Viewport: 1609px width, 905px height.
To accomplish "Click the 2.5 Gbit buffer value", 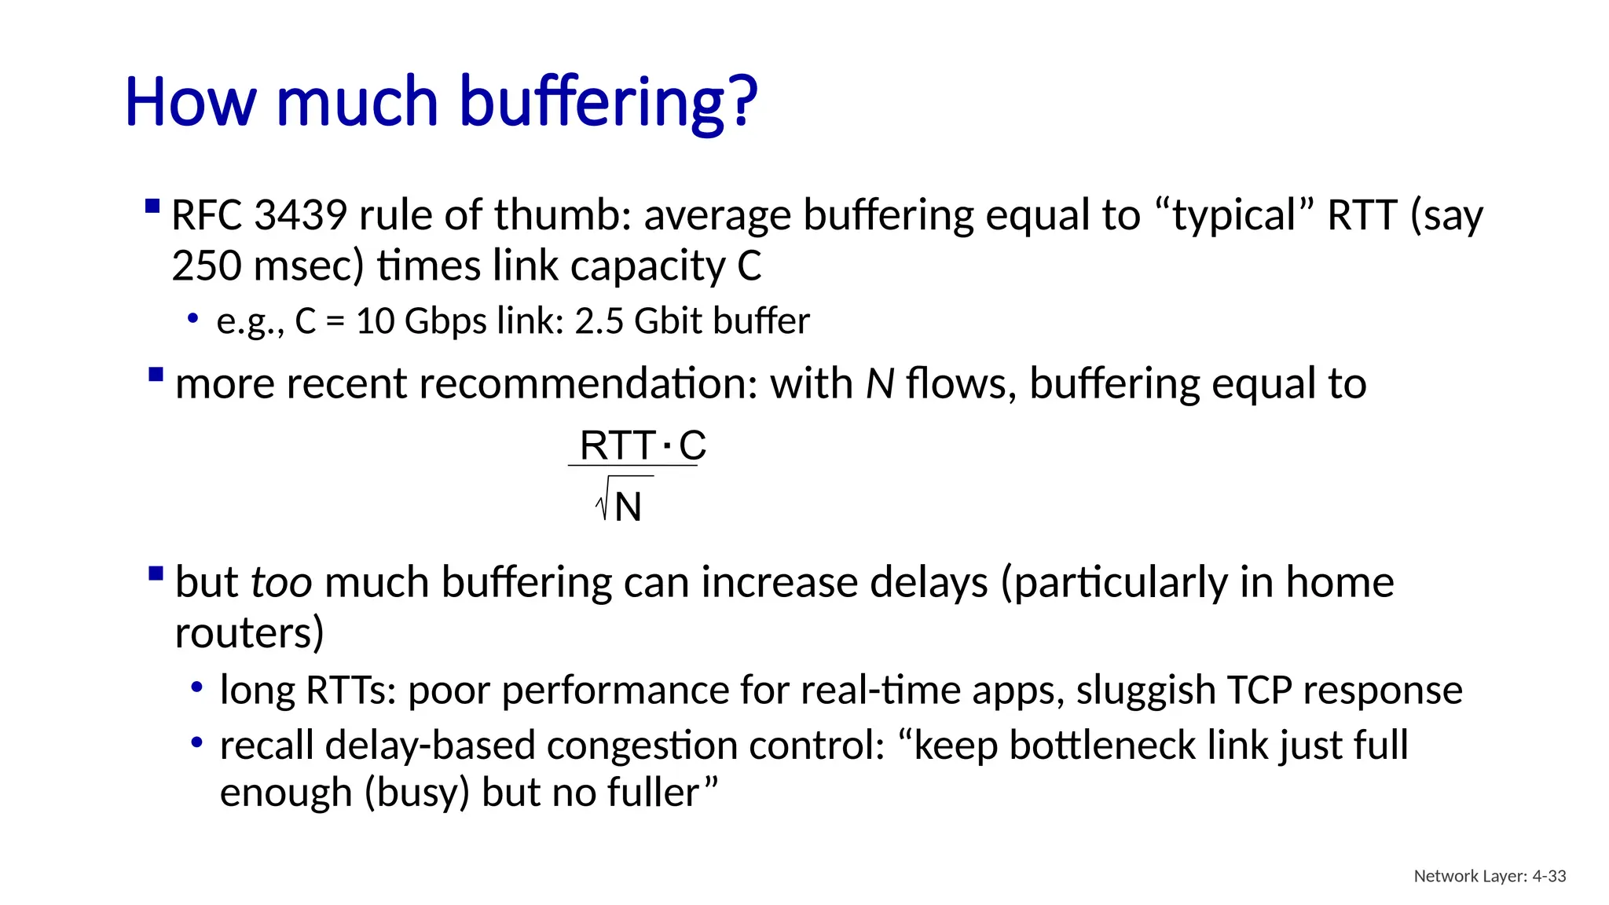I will point(691,321).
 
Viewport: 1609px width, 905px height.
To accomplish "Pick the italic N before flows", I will point(879,384).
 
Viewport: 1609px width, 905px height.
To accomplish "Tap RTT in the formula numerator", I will point(617,445).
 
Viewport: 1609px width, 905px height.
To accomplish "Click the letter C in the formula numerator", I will point(692,445).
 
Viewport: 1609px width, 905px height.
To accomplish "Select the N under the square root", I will point(628,507).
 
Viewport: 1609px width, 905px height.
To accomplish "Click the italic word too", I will point(281,583).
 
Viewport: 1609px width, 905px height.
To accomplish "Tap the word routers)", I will point(249,633).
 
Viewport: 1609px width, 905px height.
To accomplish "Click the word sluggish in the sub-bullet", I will point(1145,691).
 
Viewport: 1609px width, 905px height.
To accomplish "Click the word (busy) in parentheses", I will point(416,793).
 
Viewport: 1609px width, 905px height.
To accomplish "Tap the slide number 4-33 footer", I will point(1549,876).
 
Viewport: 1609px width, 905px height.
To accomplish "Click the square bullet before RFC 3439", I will point(153,207).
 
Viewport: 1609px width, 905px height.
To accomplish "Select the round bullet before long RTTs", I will point(197,688).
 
